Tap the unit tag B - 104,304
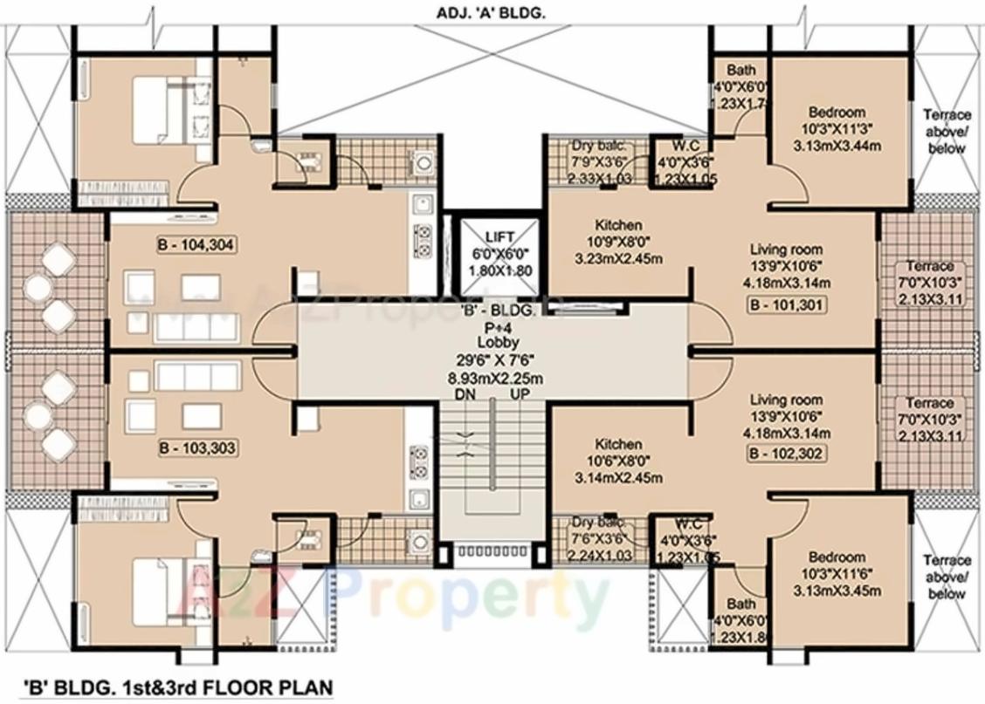pyautogui.click(x=196, y=244)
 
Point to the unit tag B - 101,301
pyautogui.click(x=786, y=305)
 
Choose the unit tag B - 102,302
pyautogui.click(x=786, y=454)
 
